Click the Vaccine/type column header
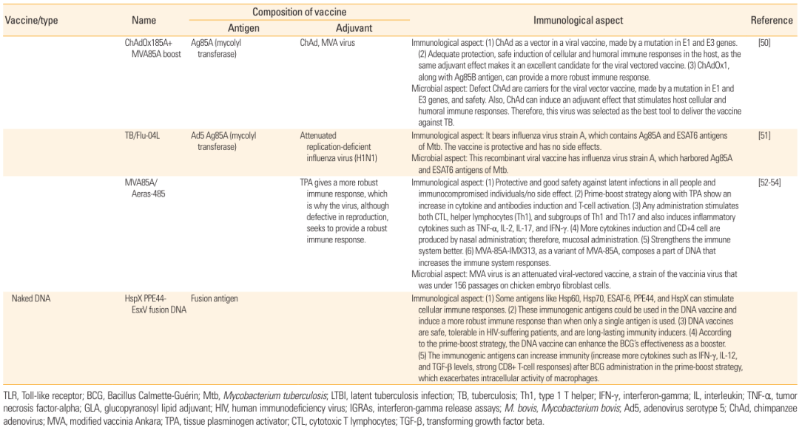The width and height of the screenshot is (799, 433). coord(31,21)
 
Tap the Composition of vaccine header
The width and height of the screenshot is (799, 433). coord(299,13)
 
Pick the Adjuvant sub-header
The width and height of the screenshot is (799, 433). coord(354,28)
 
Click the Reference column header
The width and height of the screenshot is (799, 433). coord(772,21)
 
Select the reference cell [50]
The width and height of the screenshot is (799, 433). coord(764,44)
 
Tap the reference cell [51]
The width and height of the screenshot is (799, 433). coord(764,136)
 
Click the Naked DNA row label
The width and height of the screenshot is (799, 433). coord(32,299)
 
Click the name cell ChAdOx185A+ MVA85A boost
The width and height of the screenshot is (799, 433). coord(152,49)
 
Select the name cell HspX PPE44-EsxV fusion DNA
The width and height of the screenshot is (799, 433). coord(154,304)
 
